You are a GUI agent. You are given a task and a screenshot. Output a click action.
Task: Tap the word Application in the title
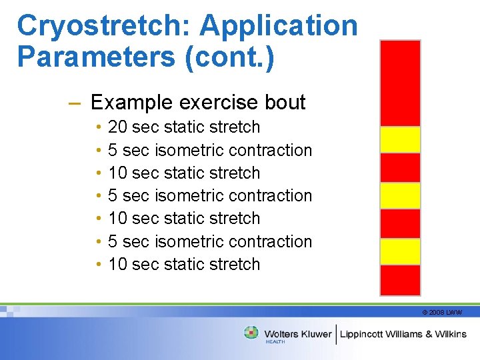coord(279,26)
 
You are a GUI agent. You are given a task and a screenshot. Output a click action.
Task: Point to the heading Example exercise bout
coord(198,102)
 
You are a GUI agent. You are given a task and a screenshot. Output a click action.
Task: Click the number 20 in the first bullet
coord(117,127)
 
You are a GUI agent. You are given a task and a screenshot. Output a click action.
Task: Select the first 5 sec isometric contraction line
coord(209,150)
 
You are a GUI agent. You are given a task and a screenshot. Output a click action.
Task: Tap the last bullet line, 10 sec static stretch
coord(183,264)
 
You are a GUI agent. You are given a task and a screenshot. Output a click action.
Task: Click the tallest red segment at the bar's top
coord(400,83)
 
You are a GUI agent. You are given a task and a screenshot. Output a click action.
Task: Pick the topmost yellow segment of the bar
coord(400,139)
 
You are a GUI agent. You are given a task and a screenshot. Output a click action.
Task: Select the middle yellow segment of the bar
coord(400,195)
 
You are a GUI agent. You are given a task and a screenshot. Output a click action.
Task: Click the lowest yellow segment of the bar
coord(400,251)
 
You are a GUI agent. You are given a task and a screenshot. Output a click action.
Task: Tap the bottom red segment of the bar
coord(400,280)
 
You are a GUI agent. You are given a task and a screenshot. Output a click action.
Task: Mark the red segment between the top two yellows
coord(400,167)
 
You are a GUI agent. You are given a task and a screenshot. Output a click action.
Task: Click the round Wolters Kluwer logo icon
coord(251,333)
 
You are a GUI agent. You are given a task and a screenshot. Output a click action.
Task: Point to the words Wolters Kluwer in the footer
coord(298,333)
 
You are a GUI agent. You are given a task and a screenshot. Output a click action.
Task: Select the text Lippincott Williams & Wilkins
coord(403,333)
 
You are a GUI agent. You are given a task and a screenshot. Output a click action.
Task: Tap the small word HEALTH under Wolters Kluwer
coord(275,342)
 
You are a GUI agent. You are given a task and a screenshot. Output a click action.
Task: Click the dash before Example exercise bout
coord(75,103)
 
